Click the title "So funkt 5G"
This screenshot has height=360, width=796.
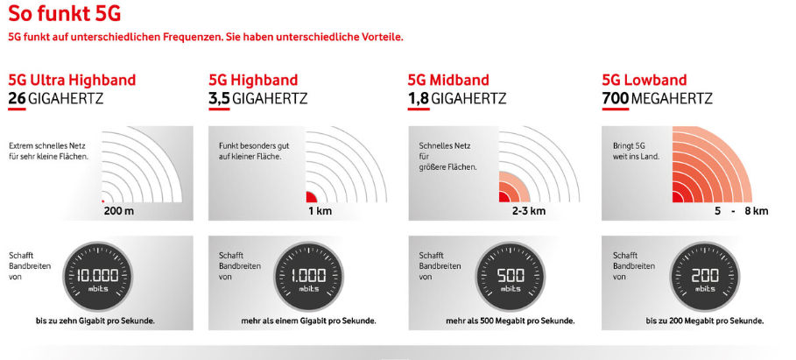click(65, 13)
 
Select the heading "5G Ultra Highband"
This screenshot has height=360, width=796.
click(72, 81)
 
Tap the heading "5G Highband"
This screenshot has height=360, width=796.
click(253, 81)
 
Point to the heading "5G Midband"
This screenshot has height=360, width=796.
click(448, 81)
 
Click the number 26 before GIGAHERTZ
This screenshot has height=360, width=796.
click(17, 98)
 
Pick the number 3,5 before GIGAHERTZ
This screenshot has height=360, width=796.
click(219, 98)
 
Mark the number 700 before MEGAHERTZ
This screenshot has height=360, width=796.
click(616, 98)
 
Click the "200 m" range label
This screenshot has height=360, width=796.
click(119, 211)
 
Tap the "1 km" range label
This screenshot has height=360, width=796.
click(320, 211)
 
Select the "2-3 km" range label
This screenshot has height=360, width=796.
click(528, 211)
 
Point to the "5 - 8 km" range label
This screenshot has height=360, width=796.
click(741, 211)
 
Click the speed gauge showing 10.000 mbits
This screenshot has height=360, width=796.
click(97, 277)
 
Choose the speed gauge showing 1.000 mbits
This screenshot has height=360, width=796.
click(308, 277)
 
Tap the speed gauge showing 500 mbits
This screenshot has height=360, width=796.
click(510, 277)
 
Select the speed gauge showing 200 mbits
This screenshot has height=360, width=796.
click(706, 277)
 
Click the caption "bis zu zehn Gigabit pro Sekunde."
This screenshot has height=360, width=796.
click(95, 321)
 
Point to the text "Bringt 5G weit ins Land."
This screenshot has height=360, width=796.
click(636, 152)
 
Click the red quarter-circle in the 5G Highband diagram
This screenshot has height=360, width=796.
click(311, 197)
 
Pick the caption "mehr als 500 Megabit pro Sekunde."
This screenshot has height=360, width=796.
click(511, 321)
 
